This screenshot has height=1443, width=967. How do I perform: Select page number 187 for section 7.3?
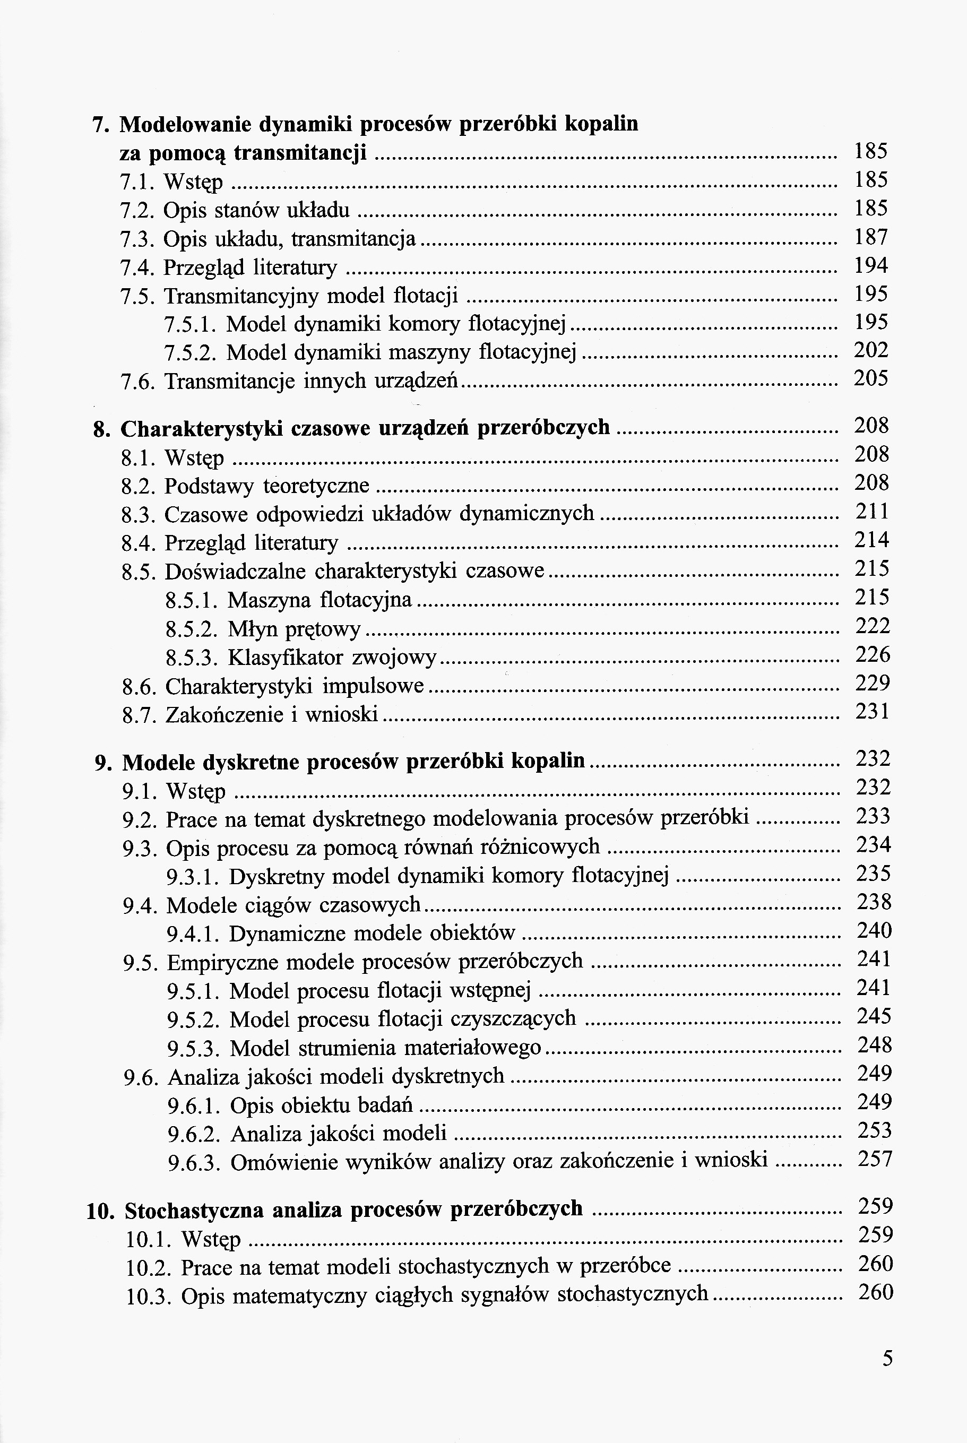pyautogui.click(x=871, y=237)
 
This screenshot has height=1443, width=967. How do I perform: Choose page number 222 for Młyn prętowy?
pyautogui.click(x=873, y=626)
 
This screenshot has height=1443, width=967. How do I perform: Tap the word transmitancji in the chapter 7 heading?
pyautogui.click(x=300, y=152)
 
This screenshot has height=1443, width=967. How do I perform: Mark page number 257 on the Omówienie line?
pyautogui.click(x=875, y=1159)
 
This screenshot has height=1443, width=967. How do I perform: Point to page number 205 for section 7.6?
pyautogui.click(x=871, y=378)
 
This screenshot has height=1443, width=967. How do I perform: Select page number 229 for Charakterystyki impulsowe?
pyautogui.click(x=873, y=683)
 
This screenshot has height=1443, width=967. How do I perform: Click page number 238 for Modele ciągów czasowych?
pyautogui.click(x=874, y=902)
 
